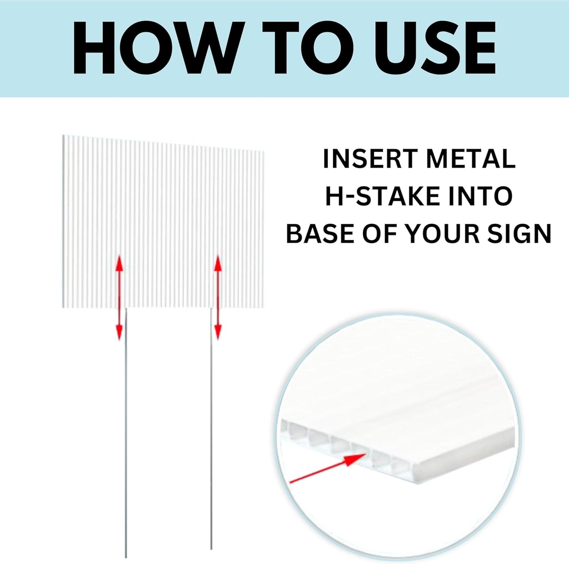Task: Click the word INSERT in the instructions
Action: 370,159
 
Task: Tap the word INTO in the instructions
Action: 483,197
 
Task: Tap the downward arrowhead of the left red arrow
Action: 119,334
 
